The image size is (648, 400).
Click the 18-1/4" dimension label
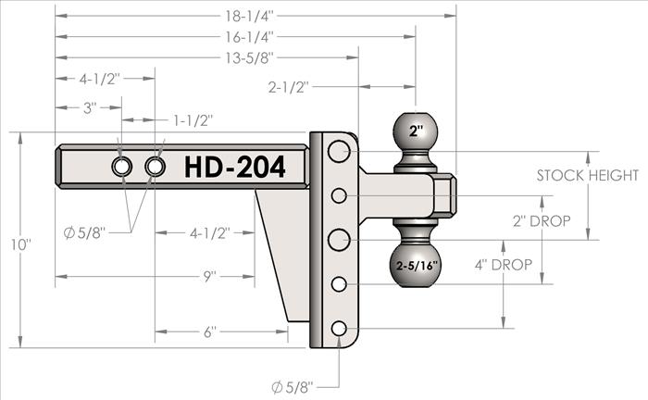249,16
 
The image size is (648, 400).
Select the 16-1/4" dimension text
249,37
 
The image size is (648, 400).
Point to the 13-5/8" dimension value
249,57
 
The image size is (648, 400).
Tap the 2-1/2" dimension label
289,87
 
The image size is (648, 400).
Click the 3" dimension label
90,107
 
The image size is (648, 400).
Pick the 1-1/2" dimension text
193,120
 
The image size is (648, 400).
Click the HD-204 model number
235,167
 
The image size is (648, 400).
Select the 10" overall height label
20,244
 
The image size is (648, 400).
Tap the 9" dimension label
209,277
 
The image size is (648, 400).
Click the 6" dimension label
209,331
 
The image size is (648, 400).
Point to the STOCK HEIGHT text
588,176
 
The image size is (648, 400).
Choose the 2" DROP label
542,221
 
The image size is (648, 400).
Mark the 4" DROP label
504,265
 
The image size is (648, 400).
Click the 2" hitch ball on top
416,131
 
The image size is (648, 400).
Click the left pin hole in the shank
122,167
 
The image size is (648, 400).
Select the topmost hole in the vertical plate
339,151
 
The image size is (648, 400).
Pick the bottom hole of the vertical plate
339,329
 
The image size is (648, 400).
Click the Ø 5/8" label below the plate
293,387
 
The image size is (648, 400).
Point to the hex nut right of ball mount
445,195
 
